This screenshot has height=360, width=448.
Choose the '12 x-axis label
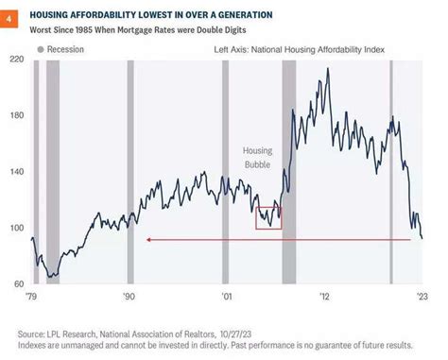tap(324, 296)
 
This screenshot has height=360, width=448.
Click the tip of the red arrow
tap(146, 240)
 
